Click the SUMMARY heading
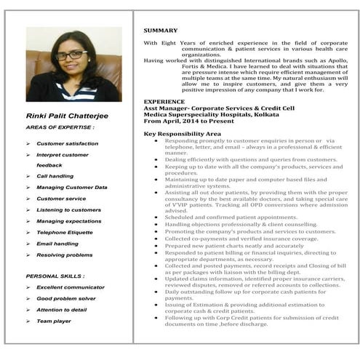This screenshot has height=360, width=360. [160, 30]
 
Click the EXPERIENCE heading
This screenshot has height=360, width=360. [164, 101]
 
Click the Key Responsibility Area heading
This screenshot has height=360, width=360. [182, 134]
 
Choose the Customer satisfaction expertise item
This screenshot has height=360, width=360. [67, 144]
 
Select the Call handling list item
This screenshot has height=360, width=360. [55, 176]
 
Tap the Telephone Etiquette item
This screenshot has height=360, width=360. [65, 232]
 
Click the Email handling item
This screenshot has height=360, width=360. [57, 244]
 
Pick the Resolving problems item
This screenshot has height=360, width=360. [65, 255]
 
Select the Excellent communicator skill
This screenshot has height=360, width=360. [71, 287]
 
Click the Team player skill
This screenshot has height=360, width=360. [54, 321]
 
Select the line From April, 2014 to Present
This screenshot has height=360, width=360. [185, 121]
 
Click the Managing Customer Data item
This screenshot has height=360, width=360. [71, 188]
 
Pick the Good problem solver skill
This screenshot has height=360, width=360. [66, 298]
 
